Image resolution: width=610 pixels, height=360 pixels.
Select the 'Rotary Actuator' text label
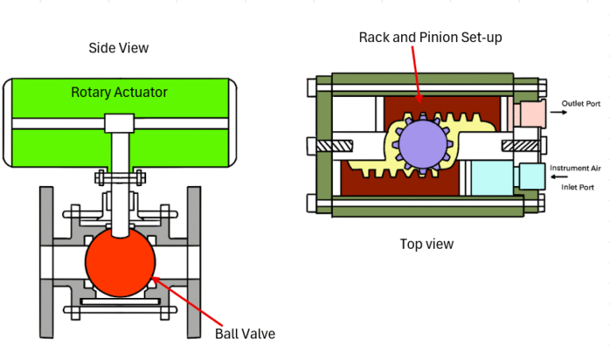[x=119, y=92]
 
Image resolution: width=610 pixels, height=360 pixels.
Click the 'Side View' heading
[x=118, y=48]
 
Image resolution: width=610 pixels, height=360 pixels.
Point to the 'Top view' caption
[x=427, y=244]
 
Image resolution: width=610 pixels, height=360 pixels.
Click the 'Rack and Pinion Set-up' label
[x=430, y=37]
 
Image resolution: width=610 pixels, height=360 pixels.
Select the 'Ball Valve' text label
[x=245, y=334]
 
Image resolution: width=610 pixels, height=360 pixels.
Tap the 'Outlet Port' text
[x=583, y=104]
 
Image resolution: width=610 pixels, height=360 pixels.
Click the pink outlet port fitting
[x=527, y=113]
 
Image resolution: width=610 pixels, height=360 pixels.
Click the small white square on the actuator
[x=119, y=123]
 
